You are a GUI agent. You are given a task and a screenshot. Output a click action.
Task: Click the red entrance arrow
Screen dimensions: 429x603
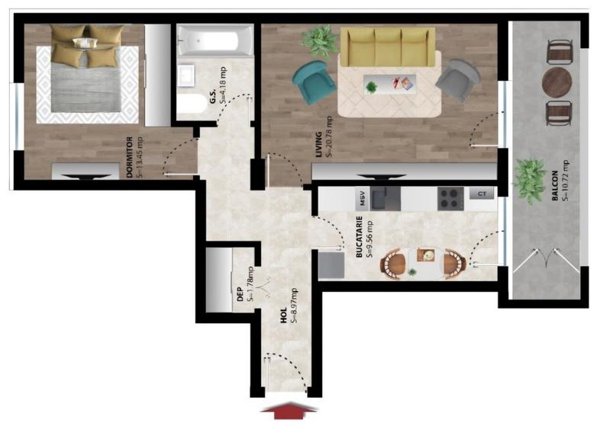289,410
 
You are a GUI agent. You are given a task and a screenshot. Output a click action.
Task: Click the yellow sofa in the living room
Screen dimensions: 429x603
387,47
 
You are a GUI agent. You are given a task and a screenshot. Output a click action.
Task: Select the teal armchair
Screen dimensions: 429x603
313,82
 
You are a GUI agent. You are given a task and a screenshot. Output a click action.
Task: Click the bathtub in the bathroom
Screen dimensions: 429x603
214,41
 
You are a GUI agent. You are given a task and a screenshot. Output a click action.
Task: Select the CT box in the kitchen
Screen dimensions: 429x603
481,194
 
